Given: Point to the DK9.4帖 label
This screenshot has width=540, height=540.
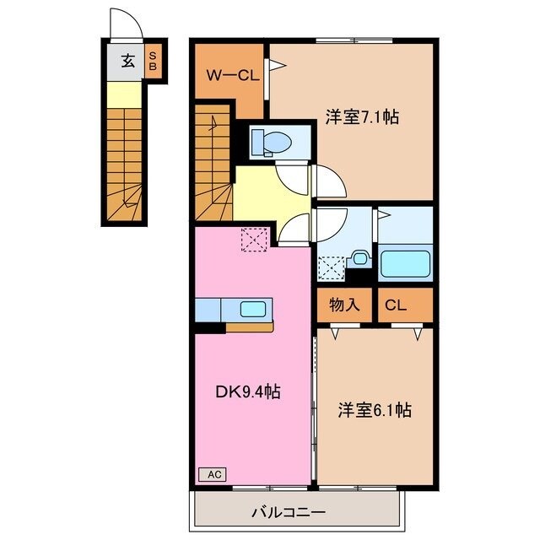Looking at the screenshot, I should click(247, 391).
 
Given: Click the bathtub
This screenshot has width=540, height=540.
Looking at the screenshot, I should click(406, 262).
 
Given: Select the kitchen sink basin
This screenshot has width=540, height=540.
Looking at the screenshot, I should click(253, 309).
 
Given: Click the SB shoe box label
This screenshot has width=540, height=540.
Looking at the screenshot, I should click(154, 60).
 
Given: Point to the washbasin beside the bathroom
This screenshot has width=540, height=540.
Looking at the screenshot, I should click(359, 259).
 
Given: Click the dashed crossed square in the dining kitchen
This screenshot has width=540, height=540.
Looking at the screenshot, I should click(253, 240).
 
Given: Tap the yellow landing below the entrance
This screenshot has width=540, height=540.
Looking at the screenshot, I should click(125, 96).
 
